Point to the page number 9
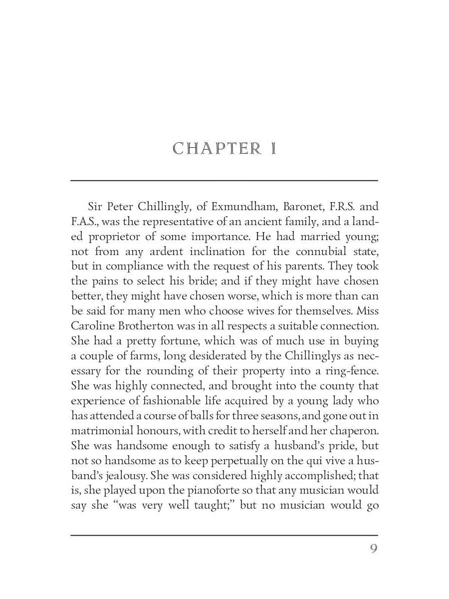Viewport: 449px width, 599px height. coord(374,549)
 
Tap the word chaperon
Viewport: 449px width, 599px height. coord(354,431)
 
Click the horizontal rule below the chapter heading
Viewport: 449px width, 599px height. coord(224,180)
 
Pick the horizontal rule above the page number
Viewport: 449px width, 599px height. coord(224,535)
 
